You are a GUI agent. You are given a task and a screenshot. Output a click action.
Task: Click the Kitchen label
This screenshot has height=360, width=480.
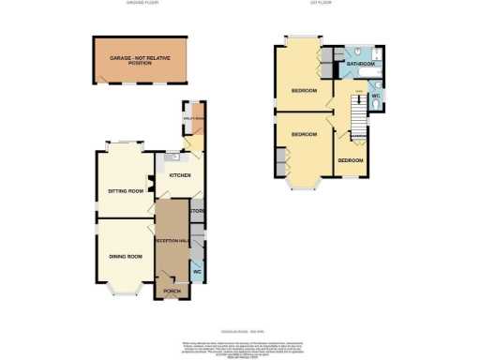pyautogui.click(x=179, y=175)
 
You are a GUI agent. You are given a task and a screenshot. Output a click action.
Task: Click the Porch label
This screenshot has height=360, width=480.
pyautogui.click(x=172, y=292)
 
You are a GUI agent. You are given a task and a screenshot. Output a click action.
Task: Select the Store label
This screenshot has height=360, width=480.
pyautogui.click(x=198, y=211)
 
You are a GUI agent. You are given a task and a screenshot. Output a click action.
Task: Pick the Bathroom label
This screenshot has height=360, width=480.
pyautogui.click(x=359, y=65)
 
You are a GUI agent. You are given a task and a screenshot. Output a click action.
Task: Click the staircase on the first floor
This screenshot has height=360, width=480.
pyautogui.click(x=356, y=117)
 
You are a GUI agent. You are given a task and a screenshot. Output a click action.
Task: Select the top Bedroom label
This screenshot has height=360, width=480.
pyautogui.click(x=303, y=91)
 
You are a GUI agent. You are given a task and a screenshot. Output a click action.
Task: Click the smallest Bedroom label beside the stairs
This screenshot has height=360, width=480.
pyautogui.click(x=350, y=160)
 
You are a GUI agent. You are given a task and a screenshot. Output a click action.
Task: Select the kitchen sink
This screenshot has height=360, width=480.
pyautogui.click(x=161, y=158)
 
